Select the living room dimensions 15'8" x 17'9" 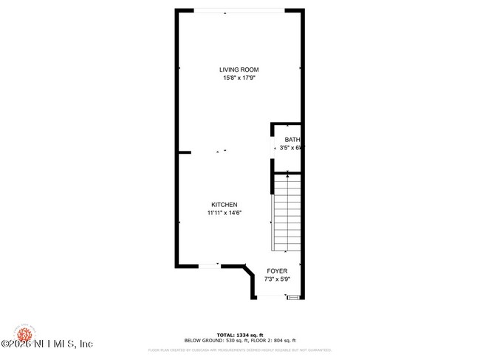240,78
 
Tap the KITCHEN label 224,205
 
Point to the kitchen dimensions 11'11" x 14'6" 224,213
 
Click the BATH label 292,140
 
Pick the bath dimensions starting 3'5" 291,148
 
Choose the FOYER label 277,271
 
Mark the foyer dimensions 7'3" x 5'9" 277,279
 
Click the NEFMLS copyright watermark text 48,344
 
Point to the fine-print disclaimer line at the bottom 240,350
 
